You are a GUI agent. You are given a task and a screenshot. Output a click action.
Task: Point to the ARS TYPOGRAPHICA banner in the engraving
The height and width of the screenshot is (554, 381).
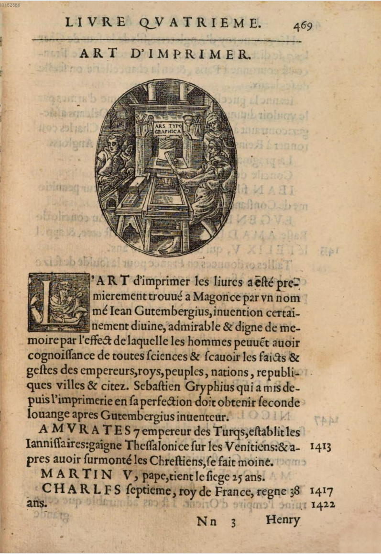coord(167,127)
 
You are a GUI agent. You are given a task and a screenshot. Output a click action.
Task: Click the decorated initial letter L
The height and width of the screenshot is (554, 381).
coord(58,302)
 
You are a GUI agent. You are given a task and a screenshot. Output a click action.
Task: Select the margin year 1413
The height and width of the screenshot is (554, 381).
coord(321,447)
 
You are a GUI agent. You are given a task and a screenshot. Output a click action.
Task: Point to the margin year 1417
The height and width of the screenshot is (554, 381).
coord(321,490)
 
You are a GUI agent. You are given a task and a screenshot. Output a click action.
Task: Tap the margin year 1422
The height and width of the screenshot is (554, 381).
coord(323,504)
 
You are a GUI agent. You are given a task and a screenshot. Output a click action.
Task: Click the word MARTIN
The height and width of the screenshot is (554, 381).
coord(71,475)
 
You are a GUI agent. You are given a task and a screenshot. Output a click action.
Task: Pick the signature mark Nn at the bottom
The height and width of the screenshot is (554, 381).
coord(206,521)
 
